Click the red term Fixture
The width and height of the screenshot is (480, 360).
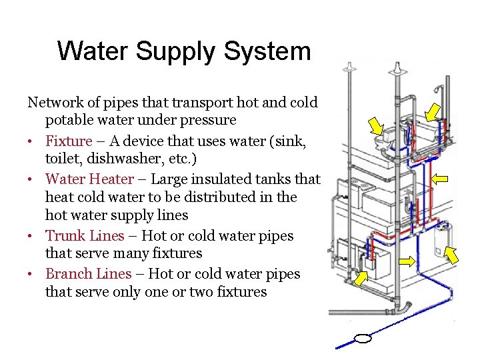pos(69,141)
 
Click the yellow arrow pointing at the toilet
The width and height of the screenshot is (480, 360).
pos(377,126)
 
